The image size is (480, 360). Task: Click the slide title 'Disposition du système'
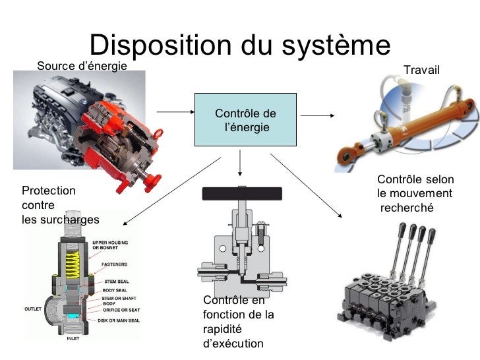240,45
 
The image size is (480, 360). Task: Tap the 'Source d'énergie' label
82,66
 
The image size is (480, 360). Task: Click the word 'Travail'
421,70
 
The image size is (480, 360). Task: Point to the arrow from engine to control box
173,113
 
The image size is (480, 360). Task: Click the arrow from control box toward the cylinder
322,116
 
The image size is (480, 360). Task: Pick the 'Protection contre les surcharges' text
60,205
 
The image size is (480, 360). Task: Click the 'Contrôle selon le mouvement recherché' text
415,193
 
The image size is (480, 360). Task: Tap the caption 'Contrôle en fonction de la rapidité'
239,321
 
